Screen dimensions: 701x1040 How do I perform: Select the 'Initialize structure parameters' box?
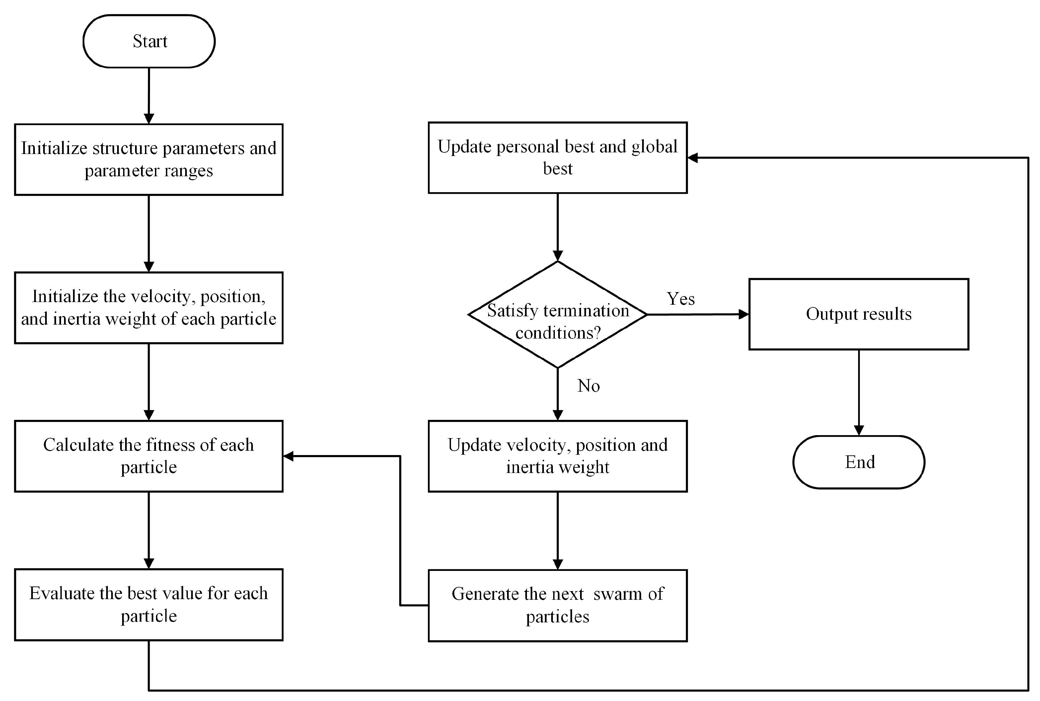coord(149,159)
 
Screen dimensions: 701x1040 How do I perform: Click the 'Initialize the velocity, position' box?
coord(149,308)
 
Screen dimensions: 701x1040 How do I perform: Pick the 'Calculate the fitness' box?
coord(149,456)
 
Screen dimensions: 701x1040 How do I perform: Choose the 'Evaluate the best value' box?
coord(149,604)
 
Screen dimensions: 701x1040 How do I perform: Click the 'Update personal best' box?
coord(557,157)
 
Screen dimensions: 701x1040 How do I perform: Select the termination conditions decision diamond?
coord(557,315)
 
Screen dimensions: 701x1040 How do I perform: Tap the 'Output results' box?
coord(858,314)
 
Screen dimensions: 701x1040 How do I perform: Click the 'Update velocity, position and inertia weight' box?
coord(557,456)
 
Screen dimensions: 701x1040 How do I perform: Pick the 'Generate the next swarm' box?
coord(557,605)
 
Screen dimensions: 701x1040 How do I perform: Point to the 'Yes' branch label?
coord(681,299)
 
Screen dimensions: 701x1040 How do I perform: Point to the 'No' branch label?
coord(588,385)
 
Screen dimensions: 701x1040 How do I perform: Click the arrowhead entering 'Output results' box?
coord(743,314)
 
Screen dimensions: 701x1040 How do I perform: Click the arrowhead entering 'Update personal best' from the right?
coord(693,157)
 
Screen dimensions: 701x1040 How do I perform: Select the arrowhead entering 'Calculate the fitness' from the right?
coord(289,456)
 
